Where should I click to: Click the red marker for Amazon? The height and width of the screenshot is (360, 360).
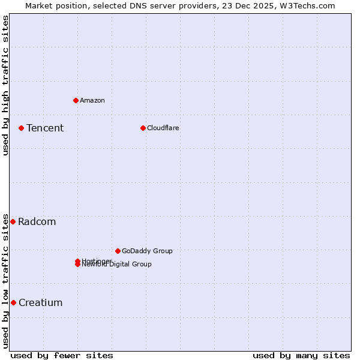tap(76, 100)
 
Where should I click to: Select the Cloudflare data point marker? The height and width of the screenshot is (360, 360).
tap(143, 128)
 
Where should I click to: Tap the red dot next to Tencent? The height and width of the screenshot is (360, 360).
tap(21, 128)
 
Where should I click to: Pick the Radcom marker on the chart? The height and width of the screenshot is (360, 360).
tap(13, 221)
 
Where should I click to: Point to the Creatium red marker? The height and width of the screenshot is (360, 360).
tap(13, 302)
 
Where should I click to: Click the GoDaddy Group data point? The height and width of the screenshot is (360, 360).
tap(118, 251)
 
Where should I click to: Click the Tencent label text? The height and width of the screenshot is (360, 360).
tap(45, 128)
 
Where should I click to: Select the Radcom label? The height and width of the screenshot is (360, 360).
tap(37, 221)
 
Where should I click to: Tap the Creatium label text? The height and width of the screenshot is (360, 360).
tap(41, 302)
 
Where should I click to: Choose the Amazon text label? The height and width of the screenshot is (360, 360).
tap(92, 100)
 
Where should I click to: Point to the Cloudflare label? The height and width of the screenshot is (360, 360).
tap(163, 128)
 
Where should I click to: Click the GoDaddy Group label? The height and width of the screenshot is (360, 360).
tap(147, 251)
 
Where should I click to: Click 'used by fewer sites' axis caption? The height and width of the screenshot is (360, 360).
tap(62, 355)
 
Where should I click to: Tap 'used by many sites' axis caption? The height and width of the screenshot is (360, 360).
tap(301, 355)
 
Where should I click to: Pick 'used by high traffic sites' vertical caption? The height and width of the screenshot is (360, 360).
tap(5, 85)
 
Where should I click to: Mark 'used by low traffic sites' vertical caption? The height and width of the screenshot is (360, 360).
tap(5, 281)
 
